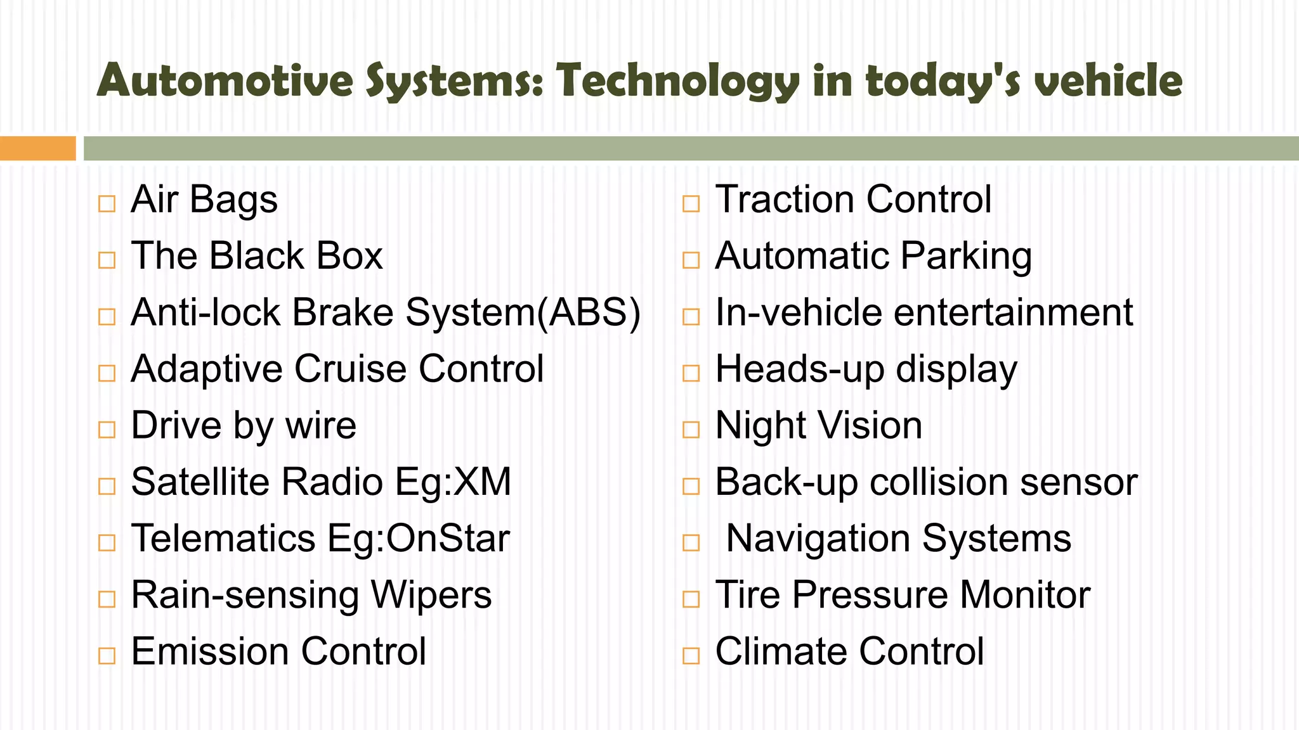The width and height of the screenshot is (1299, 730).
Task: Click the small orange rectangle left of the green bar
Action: (37, 148)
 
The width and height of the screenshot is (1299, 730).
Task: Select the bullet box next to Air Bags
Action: (107, 204)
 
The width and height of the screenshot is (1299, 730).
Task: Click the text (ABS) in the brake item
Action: (589, 313)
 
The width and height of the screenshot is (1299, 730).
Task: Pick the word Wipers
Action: (431, 595)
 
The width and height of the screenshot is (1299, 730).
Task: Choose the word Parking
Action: (965, 257)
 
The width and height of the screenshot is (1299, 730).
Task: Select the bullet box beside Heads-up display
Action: (691, 373)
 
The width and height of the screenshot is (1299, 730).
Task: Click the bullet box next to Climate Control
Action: (691, 656)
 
